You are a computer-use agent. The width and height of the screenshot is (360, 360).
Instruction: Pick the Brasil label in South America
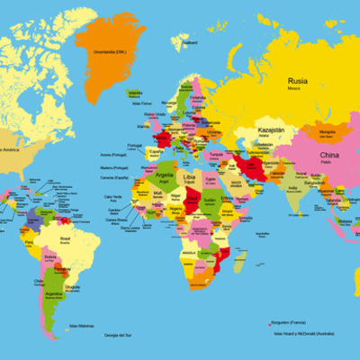click(64, 238)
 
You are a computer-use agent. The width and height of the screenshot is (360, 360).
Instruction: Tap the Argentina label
click(54, 293)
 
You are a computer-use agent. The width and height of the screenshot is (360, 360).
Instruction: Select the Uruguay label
click(73, 286)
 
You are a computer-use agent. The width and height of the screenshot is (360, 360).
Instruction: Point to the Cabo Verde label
click(112, 196)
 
